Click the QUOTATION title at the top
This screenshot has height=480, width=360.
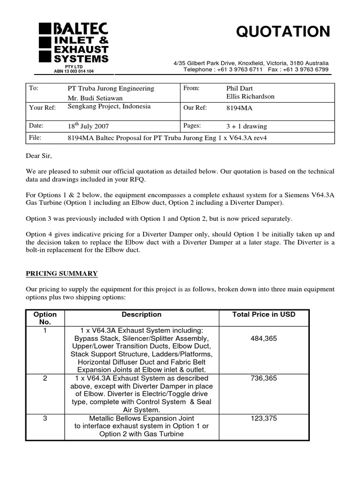[x=283, y=32]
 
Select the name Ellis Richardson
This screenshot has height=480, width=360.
[x=250, y=97]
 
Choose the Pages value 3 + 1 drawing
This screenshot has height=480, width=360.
[x=247, y=126]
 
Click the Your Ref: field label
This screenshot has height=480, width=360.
[x=42, y=107]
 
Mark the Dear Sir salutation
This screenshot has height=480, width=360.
[x=39, y=156]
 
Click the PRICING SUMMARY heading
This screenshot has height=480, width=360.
[x=61, y=273]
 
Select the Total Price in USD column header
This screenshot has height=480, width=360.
[x=264, y=315]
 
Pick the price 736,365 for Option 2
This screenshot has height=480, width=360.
[x=264, y=378]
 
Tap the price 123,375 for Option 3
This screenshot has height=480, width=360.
[x=264, y=418]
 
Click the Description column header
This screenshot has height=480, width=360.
[x=142, y=315]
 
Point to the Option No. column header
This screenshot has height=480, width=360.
[x=45, y=318]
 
